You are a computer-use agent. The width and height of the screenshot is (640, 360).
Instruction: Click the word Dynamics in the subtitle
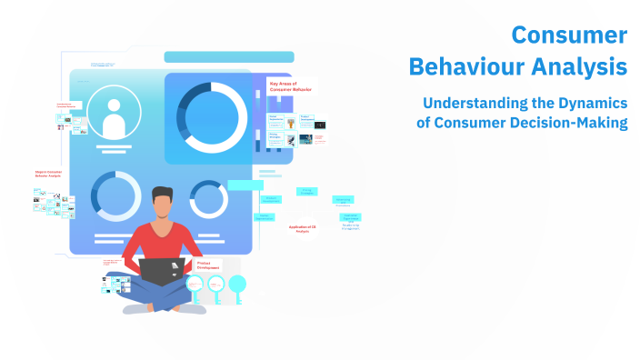coord(592,104)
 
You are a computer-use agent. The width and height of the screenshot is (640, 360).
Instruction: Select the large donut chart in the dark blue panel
coord(212,116)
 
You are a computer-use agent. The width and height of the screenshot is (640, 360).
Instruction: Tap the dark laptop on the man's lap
coord(162,271)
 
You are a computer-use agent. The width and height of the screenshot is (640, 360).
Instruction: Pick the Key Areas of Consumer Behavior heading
coord(288,87)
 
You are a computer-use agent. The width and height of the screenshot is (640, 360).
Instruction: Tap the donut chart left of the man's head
coord(116,197)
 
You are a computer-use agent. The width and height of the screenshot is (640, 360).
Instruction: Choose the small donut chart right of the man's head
coord(209,198)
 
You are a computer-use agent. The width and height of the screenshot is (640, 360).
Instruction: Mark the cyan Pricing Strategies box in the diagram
coord(306,192)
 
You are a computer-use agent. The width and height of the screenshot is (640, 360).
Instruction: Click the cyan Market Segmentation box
coord(265,217)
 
